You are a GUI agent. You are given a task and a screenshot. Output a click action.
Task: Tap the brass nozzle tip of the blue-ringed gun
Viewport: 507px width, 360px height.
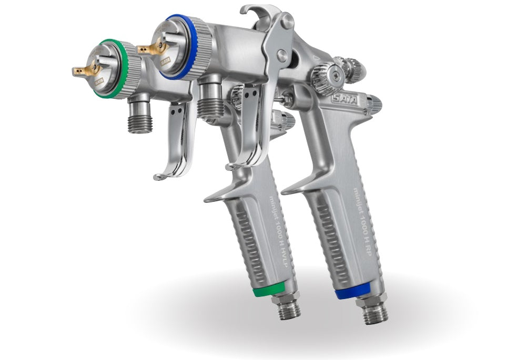[145, 49]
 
